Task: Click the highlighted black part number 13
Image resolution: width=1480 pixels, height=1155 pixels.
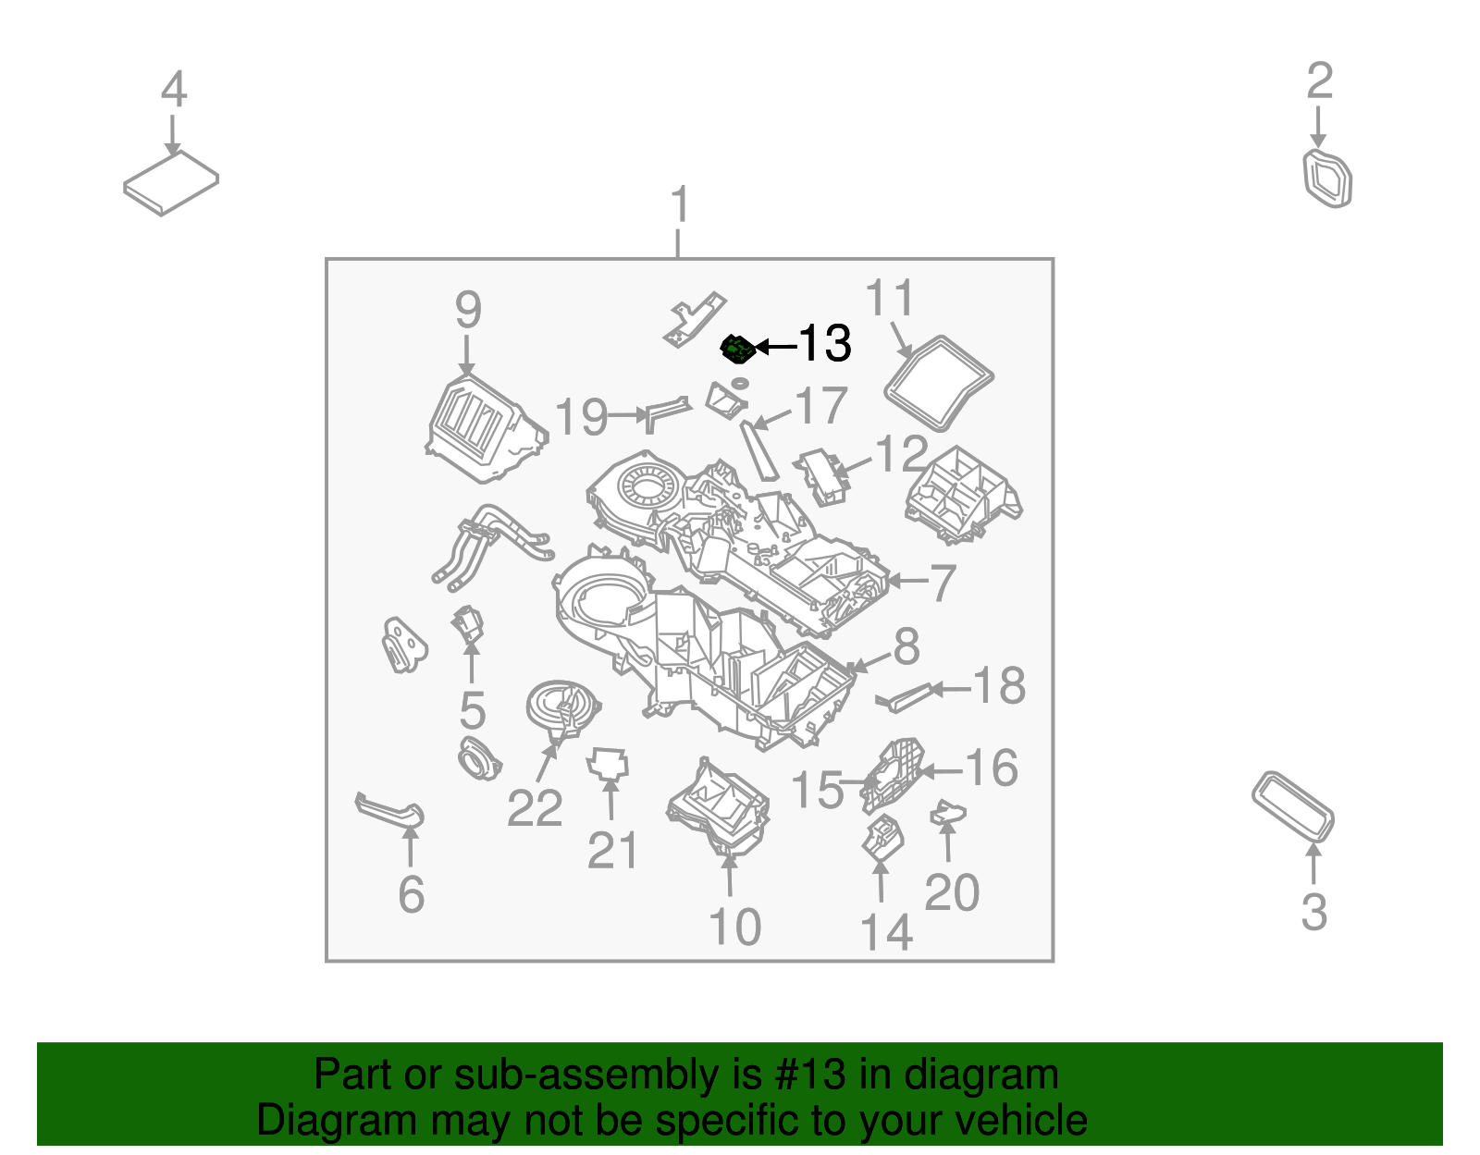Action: (737, 349)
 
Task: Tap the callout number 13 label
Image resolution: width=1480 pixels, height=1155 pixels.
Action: (824, 344)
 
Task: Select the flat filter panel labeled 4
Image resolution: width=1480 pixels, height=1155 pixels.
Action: (171, 183)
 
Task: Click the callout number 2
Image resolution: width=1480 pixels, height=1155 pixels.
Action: (1319, 81)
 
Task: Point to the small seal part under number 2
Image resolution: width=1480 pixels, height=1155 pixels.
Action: (1327, 178)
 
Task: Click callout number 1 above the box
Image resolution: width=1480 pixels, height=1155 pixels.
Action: (680, 204)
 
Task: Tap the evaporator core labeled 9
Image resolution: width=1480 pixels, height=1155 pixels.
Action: (485, 431)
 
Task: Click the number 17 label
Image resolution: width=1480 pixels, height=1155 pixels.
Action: (820, 406)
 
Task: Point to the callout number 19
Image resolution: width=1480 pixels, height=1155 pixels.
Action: (581, 417)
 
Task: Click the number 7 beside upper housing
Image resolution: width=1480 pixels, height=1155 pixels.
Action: (942, 583)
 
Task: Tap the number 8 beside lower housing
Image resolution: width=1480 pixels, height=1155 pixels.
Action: (906, 645)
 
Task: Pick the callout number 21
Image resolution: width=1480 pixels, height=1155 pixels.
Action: (612, 850)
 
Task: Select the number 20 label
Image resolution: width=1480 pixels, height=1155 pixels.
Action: (951, 892)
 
